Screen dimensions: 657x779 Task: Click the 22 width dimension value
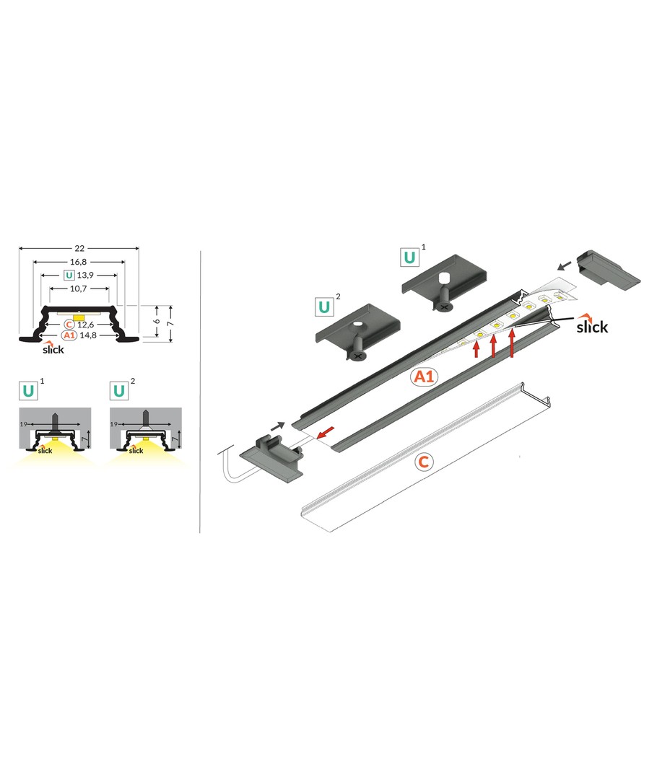pos(79,248)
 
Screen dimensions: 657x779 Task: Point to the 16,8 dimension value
pos(78,262)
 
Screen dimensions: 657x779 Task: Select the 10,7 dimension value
pos(78,289)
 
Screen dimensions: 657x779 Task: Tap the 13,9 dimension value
pos(85,276)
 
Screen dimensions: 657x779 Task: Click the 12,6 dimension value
pos(85,325)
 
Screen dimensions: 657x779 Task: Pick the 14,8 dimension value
pos(87,335)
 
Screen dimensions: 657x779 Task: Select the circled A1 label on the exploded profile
pos(424,377)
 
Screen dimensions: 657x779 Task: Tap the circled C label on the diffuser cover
pos(423,462)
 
